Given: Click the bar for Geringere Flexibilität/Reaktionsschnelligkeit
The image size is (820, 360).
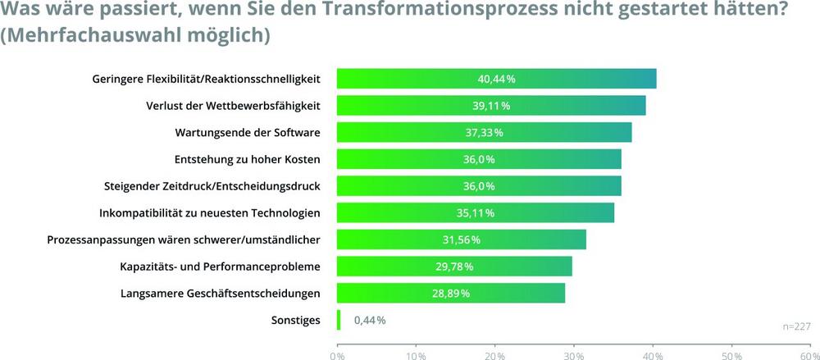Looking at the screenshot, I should click(x=496, y=79).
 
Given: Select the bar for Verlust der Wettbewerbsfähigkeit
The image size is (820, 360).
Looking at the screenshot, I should click(x=491, y=106).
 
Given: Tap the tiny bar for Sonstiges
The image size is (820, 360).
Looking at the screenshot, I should click(x=338, y=320).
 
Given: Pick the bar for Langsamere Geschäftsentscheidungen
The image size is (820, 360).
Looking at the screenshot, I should click(x=450, y=293).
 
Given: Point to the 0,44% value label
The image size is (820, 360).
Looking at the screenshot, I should click(x=369, y=320).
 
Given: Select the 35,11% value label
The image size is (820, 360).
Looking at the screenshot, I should click(x=475, y=213).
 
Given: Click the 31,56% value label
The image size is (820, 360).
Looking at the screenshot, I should click(x=461, y=239).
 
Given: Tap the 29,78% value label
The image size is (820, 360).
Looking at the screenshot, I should click(x=453, y=267).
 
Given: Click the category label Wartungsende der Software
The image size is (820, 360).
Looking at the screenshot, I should click(x=248, y=133).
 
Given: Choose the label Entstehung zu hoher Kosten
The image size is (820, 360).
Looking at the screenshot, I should click(x=247, y=159).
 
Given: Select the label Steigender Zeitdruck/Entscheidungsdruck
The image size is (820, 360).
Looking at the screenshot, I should click(x=212, y=186).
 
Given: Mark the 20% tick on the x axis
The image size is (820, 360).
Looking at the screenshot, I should click(x=494, y=356).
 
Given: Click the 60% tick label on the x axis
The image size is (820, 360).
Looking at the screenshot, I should click(x=809, y=356).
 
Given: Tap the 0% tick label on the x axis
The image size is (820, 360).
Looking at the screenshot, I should click(x=336, y=356).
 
